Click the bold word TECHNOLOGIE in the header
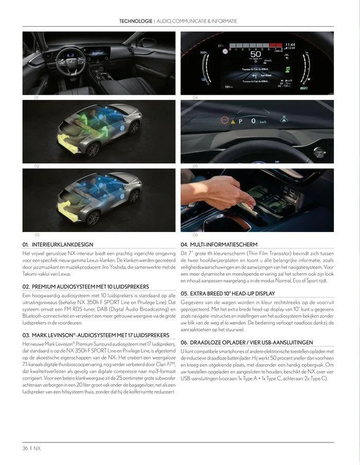pyautogui.click(x=135, y=21)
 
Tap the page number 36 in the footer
pyautogui.click(x=25, y=448)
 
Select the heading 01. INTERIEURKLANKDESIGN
pyautogui.click(x=58, y=244)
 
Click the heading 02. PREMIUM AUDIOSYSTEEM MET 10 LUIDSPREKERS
pyautogui.click(x=85, y=286)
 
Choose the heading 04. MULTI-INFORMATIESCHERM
pyautogui.click(x=219, y=244)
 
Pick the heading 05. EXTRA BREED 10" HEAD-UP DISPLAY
pyautogui.click(x=228, y=293)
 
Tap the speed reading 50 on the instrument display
pyautogui.click(x=256, y=55)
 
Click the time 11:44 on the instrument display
pyautogui.click(x=290, y=45)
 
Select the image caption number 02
pyautogui.click(x=37, y=166)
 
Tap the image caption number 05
pyautogui.click(x=195, y=166)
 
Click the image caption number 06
pyautogui.click(x=195, y=235)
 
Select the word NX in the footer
pyautogui.click(x=38, y=448)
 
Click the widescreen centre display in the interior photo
pyautogui.click(x=101, y=50)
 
